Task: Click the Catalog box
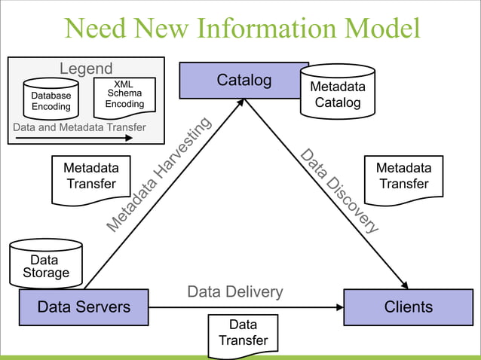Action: click(244, 81)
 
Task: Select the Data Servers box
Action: click(84, 307)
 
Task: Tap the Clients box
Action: click(408, 307)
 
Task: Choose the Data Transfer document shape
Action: click(243, 334)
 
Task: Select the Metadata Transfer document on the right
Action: click(403, 178)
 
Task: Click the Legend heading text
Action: click(86, 69)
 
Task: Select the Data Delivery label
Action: click(235, 291)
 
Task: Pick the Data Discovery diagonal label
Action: click(339, 191)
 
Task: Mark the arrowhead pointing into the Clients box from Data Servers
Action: click(339, 307)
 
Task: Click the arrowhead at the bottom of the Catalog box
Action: click(242, 103)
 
